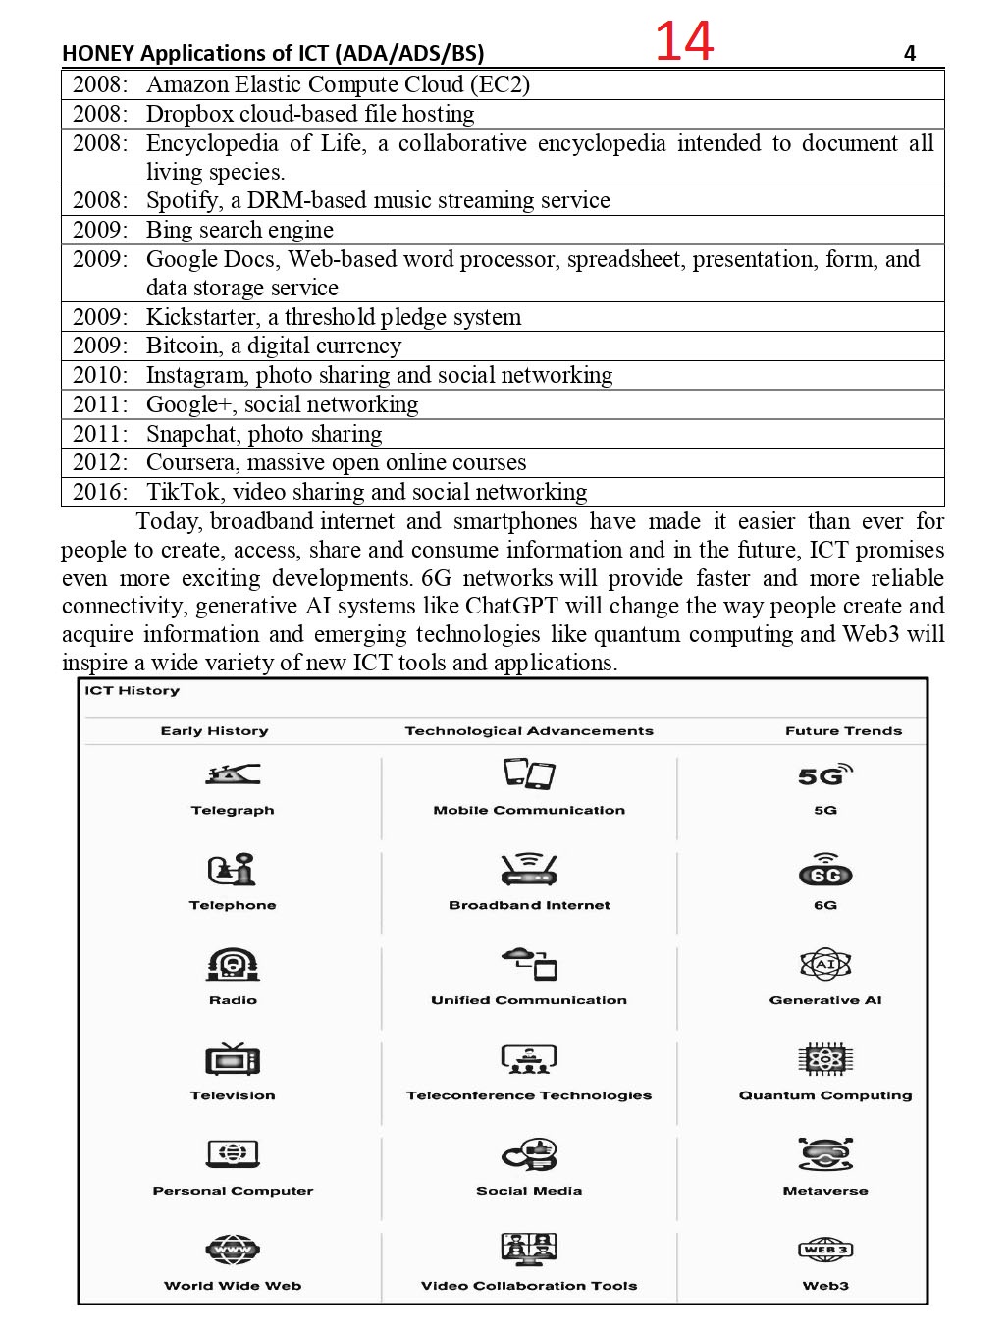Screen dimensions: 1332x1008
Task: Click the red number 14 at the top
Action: (684, 42)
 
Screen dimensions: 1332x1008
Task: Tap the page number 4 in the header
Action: (910, 53)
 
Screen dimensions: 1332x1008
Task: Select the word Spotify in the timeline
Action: (183, 201)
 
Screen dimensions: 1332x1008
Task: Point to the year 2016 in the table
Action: (98, 492)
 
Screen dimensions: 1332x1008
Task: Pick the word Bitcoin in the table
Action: (183, 346)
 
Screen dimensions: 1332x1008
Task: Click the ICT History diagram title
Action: (133, 691)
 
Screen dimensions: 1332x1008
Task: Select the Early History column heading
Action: (214, 731)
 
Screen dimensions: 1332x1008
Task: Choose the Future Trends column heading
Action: (843, 731)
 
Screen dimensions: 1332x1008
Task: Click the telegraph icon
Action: (233, 775)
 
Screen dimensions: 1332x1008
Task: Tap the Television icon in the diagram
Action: (233, 1060)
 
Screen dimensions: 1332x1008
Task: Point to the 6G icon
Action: (825, 872)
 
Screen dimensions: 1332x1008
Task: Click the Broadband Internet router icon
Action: (529, 869)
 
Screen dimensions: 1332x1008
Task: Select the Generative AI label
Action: (825, 1000)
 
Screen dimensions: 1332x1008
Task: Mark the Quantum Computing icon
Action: (825, 1059)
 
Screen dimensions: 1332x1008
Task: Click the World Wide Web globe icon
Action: (233, 1250)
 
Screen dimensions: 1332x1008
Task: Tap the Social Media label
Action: (529, 1191)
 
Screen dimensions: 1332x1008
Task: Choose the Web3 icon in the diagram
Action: (825, 1250)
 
